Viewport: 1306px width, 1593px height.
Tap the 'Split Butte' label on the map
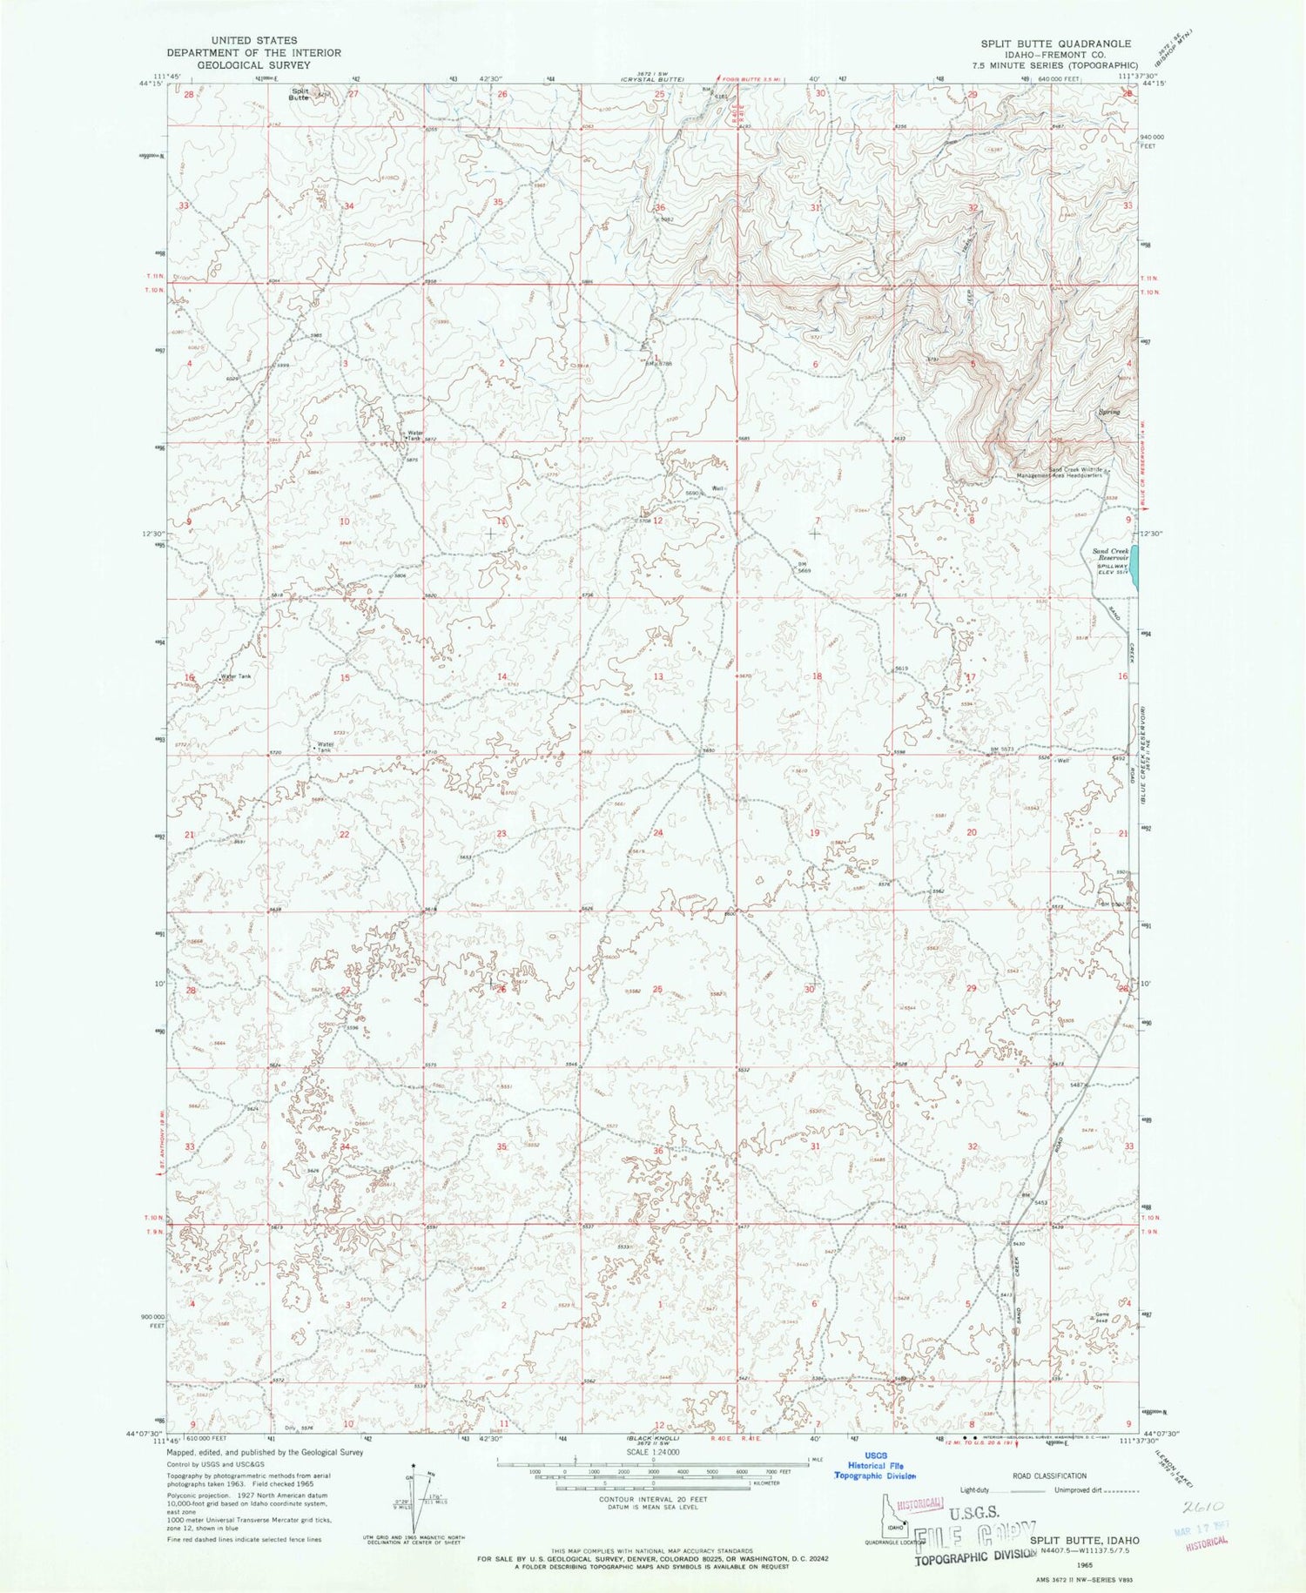pyautogui.click(x=300, y=94)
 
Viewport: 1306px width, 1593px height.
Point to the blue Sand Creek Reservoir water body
pyautogui.click(x=1134, y=568)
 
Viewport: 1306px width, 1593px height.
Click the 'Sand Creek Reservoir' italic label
pyautogui.click(x=1110, y=555)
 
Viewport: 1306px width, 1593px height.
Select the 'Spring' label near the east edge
pyautogui.click(x=1108, y=412)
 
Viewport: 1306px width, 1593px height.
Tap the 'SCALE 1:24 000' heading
pyautogui.click(x=651, y=1453)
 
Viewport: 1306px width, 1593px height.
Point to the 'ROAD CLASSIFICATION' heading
pyautogui.click(x=1048, y=1475)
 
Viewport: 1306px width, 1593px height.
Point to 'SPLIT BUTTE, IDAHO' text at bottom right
pyautogui.click(x=1085, y=1540)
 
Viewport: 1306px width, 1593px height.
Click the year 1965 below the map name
pyautogui.click(x=1084, y=1563)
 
